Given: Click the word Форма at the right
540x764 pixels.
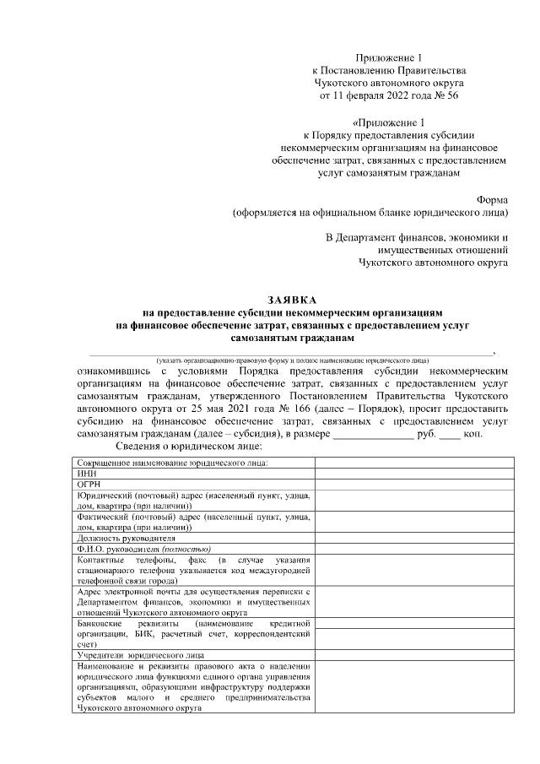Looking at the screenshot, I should click(x=492, y=199).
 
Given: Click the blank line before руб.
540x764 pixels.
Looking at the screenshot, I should click(x=373, y=433).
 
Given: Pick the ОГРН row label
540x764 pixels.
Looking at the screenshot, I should click(x=89, y=485).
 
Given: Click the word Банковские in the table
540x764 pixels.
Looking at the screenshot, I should click(x=100, y=622).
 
